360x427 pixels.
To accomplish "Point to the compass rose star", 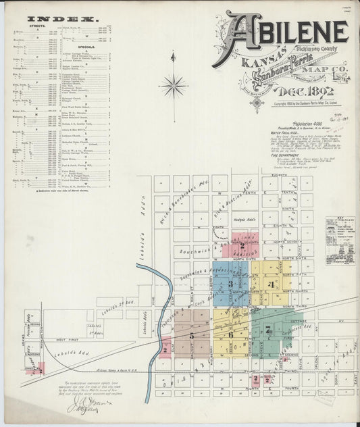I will click(174, 86).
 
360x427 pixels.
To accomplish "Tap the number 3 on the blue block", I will click(230, 284).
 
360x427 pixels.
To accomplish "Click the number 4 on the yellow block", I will click(270, 284).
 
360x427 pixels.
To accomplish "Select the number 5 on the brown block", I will click(192, 334).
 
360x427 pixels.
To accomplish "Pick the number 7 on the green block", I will click(268, 330).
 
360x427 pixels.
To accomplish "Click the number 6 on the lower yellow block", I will click(230, 334).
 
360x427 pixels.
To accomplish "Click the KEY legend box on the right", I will click(340, 241).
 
